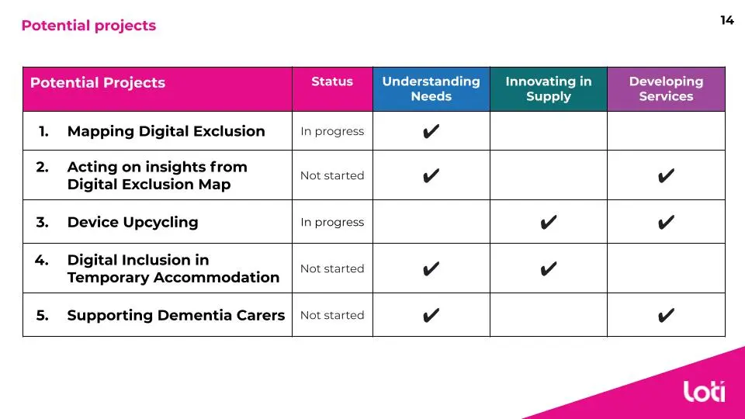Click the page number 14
(727, 20)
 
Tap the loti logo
(704, 391)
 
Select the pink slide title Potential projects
(88, 26)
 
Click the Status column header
(332, 81)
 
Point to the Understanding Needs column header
(431, 88)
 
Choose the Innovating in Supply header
(549, 88)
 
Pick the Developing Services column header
(666, 88)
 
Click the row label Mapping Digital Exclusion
(166, 131)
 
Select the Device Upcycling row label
(133, 223)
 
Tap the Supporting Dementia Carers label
(176, 316)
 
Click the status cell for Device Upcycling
(332, 223)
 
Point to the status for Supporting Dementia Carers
(332, 316)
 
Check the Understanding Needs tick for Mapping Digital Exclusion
(431, 131)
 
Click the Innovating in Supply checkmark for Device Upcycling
(549, 223)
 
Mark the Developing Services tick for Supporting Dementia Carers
(666, 316)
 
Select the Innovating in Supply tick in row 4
(549, 269)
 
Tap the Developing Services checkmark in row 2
(666, 176)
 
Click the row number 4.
(41, 261)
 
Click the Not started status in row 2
(332, 176)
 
